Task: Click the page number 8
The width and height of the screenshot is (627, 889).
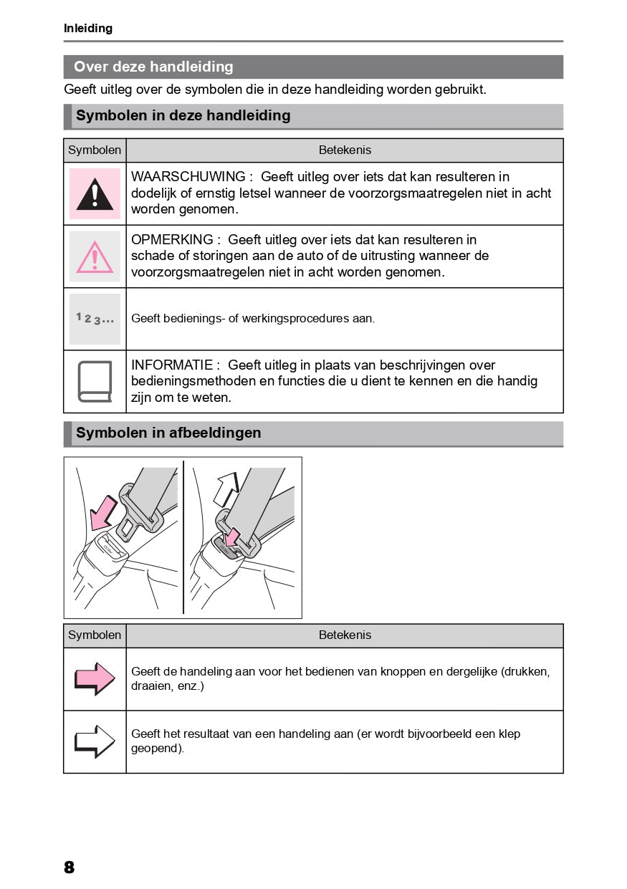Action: click(69, 868)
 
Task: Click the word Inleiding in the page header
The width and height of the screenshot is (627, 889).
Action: click(88, 29)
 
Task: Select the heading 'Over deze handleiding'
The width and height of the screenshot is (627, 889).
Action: click(153, 67)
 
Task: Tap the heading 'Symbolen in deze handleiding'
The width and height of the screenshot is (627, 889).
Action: click(183, 115)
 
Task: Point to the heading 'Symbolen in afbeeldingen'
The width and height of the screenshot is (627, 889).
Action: click(168, 433)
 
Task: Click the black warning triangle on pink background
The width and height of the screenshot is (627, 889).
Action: click(95, 193)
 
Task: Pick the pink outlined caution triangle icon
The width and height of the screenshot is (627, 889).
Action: click(95, 256)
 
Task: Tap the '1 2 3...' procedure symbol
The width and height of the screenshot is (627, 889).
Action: click(95, 319)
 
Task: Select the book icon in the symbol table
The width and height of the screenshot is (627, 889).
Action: click(95, 381)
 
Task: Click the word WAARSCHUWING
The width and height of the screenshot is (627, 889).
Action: click(188, 177)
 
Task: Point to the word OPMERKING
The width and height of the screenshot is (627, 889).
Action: click(172, 240)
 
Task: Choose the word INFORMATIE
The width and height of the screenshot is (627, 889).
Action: click(172, 365)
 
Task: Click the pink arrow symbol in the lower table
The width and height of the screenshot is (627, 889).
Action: click(95, 678)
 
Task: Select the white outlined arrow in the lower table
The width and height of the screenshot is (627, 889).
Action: click(95, 741)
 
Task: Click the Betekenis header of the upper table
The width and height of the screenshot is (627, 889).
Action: click(345, 150)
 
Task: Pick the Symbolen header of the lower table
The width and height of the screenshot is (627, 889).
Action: click(95, 635)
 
